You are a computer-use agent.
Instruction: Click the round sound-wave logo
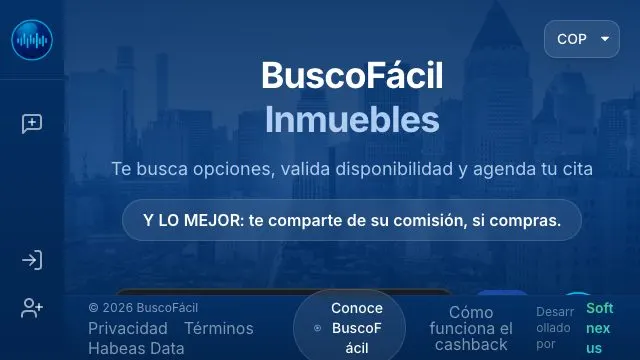(32, 40)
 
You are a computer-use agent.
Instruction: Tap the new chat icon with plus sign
(32, 124)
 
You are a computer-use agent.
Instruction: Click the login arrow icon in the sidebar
(32, 260)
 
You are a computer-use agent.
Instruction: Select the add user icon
(32, 308)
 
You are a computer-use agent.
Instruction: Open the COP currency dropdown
(582, 39)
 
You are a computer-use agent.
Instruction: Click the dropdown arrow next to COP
(605, 39)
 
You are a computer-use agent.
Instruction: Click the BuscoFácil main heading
(352, 76)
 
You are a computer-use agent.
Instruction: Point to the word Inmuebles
(352, 120)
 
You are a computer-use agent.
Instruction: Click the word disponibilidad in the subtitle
(394, 169)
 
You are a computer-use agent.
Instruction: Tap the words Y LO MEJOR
(193, 220)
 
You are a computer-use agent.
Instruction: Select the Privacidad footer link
(128, 329)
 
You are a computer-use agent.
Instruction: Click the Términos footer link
(219, 329)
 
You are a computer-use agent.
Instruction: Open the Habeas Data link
(136, 349)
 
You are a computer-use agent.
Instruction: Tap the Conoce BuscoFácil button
(349, 328)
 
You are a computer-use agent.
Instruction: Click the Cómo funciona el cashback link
(471, 329)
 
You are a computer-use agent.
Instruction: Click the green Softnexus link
(600, 328)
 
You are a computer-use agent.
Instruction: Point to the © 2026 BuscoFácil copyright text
(143, 308)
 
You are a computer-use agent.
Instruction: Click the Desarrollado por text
(555, 328)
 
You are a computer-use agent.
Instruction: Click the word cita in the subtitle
(578, 169)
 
